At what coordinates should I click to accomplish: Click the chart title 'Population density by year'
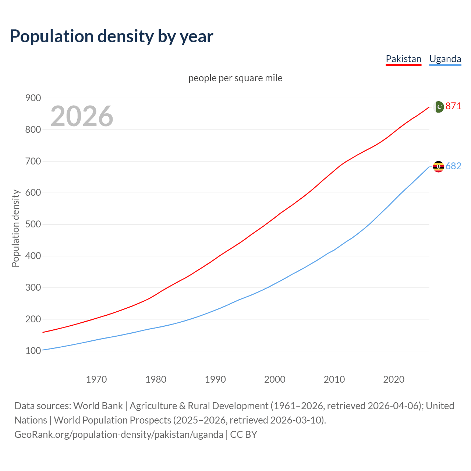tap(111, 36)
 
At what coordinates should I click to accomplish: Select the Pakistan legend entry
tap(403, 59)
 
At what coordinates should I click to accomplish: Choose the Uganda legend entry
tap(445, 59)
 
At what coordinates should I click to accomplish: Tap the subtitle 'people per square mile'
tap(235, 78)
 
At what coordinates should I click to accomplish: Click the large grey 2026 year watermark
tap(82, 116)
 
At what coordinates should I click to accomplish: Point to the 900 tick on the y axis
tap(33, 98)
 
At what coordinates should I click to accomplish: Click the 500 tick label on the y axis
tap(33, 224)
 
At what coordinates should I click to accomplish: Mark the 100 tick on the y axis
tap(33, 351)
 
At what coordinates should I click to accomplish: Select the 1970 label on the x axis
tap(96, 379)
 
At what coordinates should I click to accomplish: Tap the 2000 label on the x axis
tap(275, 379)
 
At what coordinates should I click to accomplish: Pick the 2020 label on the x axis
tap(394, 379)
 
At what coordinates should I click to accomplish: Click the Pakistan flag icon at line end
tap(439, 107)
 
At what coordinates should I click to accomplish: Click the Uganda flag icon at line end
tap(439, 167)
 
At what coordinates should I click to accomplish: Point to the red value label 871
tap(453, 106)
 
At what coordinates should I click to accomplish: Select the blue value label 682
tap(453, 166)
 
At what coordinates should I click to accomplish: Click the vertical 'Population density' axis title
tap(15, 228)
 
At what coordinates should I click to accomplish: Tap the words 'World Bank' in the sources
tap(98, 406)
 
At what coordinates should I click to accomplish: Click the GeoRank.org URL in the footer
tap(119, 435)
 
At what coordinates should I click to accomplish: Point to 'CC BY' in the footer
tap(244, 435)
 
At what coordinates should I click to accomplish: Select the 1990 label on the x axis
tap(215, 379)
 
